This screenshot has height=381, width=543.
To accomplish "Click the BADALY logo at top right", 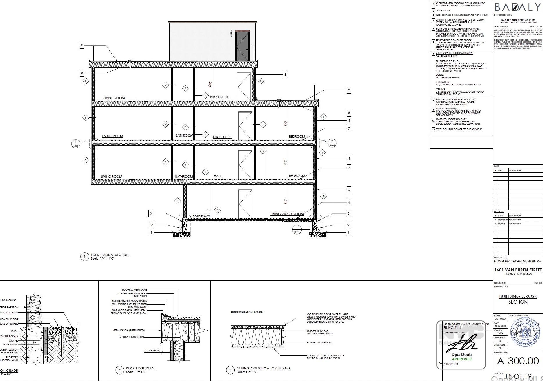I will click(x=517, y=7).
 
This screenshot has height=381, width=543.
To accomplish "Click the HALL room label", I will click(x=217, y=176).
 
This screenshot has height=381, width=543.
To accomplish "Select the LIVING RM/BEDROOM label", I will click(x=287, y=214).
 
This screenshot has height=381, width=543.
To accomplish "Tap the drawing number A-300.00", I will click(x=518, y=361).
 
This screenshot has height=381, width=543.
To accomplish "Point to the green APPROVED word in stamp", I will click(x=462, y=359).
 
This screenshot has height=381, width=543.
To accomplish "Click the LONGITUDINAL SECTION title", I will click(x=109, y=255).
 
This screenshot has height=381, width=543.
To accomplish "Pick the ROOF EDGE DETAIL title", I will click(x=141, y=368).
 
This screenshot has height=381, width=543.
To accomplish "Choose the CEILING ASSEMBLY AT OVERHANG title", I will click(x=263, y=368).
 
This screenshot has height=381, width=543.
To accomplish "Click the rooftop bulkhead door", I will click(x=242, y=46).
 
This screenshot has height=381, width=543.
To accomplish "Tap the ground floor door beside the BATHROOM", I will click(x=245, y=204).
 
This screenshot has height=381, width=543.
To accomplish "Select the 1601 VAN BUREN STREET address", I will click(x=518, y=270).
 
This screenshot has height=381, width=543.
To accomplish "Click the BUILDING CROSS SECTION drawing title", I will click(x=518, y=299).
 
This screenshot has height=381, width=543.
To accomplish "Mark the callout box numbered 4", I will click(x=349, y=202).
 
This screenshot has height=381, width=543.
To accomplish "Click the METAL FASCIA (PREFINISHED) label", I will click(x=128, y=330).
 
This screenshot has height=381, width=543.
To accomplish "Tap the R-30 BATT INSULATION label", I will click(x=319, y=342).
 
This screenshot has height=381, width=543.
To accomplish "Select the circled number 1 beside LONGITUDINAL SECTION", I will click(x=84, y=257).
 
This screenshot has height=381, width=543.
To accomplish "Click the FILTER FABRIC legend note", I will click(x=443, y=10).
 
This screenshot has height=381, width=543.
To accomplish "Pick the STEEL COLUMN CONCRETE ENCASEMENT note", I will click(x=459, y=129).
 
